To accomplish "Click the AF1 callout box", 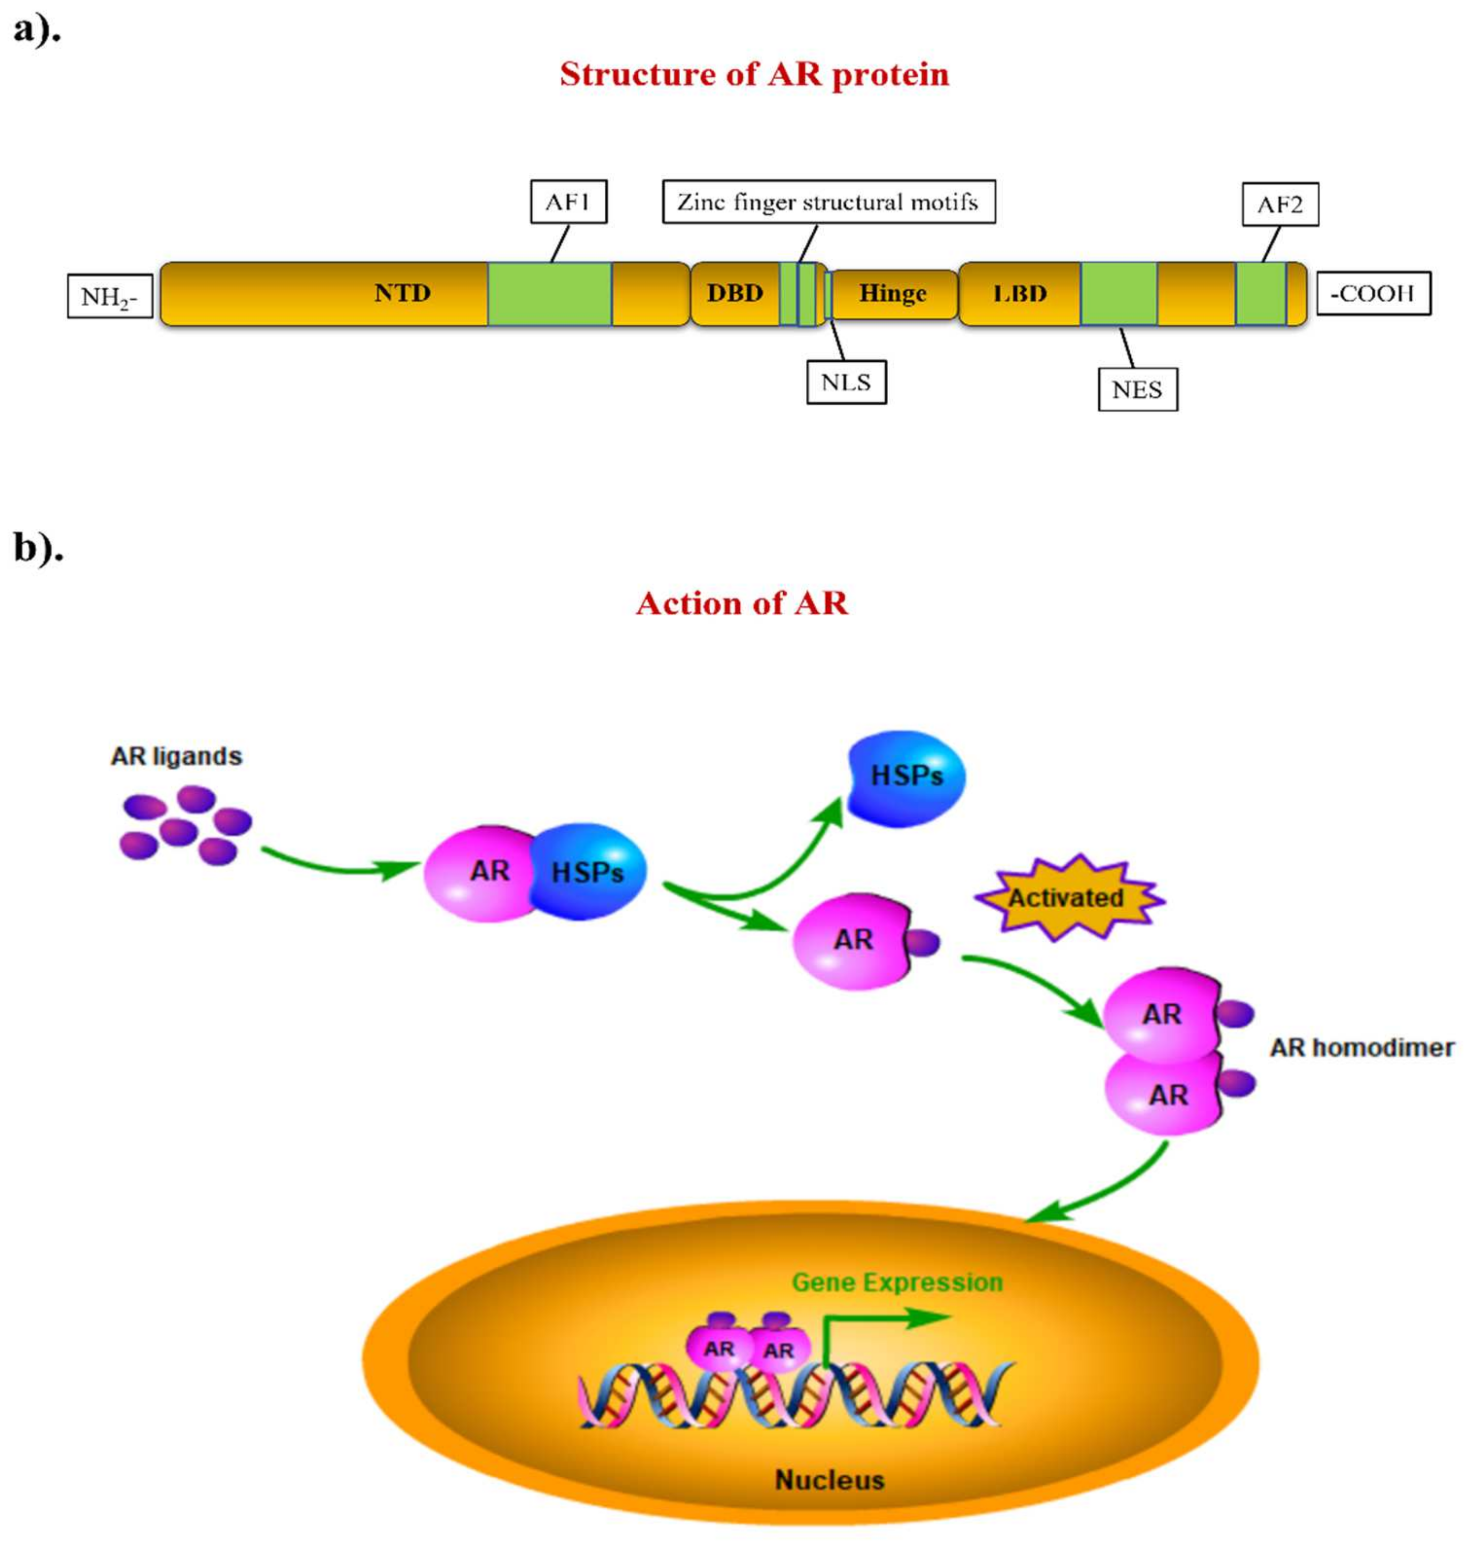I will (568, 202).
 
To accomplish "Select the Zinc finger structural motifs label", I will (828, 202).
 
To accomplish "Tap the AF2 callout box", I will (1280, 205).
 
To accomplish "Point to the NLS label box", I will (846, 382).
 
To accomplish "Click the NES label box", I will (1137, 390).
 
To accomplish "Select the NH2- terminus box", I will (110, 296).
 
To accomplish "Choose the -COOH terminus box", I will (1373, 293).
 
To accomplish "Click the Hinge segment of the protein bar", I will (893, 294).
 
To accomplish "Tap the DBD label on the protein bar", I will (735, 293).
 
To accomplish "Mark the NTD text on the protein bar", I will (402, 293).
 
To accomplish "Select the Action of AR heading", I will (741, 604).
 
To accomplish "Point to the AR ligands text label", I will (177, 757).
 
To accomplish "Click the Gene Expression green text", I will (897, 1282).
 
